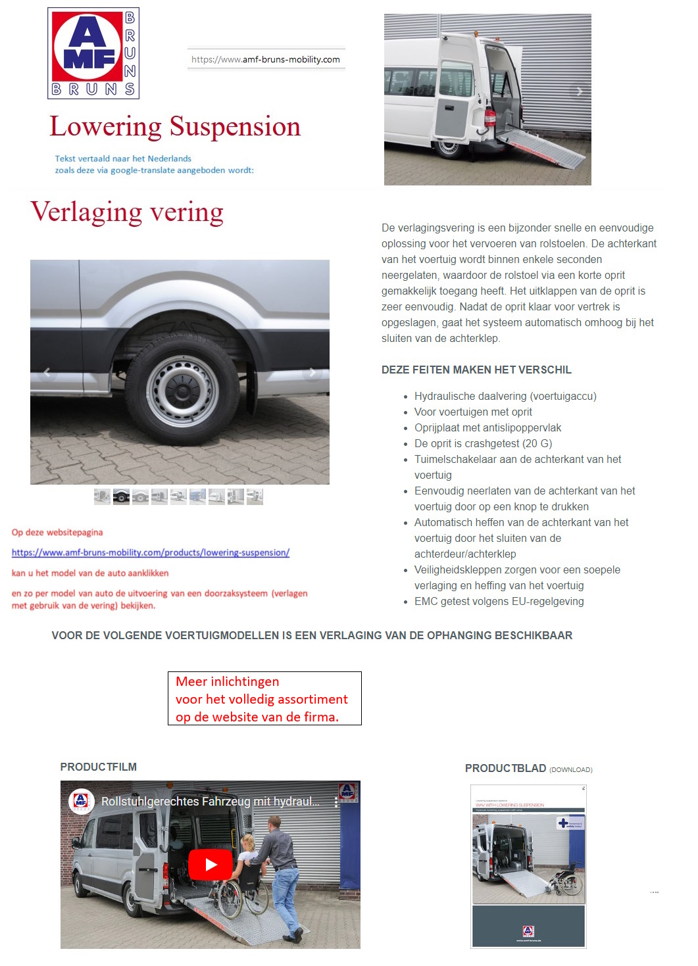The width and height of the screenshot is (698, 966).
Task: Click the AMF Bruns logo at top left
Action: coord(93,53)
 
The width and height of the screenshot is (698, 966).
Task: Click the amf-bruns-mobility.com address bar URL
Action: coord(266,59)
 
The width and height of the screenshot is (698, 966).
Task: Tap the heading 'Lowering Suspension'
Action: coord(175,126)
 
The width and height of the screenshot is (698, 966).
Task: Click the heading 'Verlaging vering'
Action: coord(127,212)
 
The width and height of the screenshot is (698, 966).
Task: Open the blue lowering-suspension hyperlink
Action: coord(151,552)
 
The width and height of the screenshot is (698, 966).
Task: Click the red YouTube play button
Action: coord(211,864)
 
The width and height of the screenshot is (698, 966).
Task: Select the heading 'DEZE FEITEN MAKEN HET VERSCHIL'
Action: coord(476,370)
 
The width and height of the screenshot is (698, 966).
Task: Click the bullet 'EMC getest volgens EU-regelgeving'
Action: coord(499,601)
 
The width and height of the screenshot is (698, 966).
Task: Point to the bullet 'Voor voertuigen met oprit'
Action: coord(473,412)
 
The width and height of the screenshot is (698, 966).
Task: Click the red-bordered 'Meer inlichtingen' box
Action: coord(264,698)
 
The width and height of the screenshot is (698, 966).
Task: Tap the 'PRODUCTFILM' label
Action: coord(99,767)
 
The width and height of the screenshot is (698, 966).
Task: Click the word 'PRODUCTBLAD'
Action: coord(505,768)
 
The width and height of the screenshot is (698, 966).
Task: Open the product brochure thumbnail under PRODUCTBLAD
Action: coord(528,866)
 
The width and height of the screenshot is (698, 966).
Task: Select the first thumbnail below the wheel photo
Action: coord(102,497)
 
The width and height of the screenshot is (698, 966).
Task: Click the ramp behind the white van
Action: coord(541,149)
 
